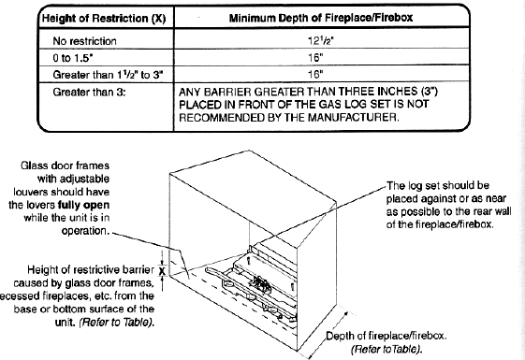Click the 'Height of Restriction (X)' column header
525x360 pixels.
point(104,18)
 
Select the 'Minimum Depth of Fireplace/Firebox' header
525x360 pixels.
point(321,18)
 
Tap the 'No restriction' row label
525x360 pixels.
point(85,41)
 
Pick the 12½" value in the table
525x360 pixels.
point(321,40)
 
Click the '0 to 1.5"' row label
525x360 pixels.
point(73,58)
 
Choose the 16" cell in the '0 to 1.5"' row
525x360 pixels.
point(315,58)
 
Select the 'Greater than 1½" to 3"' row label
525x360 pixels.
point(108,74)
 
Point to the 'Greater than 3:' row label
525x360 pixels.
point(89,92)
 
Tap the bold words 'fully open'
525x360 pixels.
point(83,205)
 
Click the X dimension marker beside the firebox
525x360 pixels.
point(162,270)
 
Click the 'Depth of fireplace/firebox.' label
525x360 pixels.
point(386,336)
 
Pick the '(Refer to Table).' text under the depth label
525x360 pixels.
point(386,350)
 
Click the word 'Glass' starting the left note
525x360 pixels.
point(32,166)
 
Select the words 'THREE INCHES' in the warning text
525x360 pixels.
point(377,92)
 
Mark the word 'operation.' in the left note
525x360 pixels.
point(85,231)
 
